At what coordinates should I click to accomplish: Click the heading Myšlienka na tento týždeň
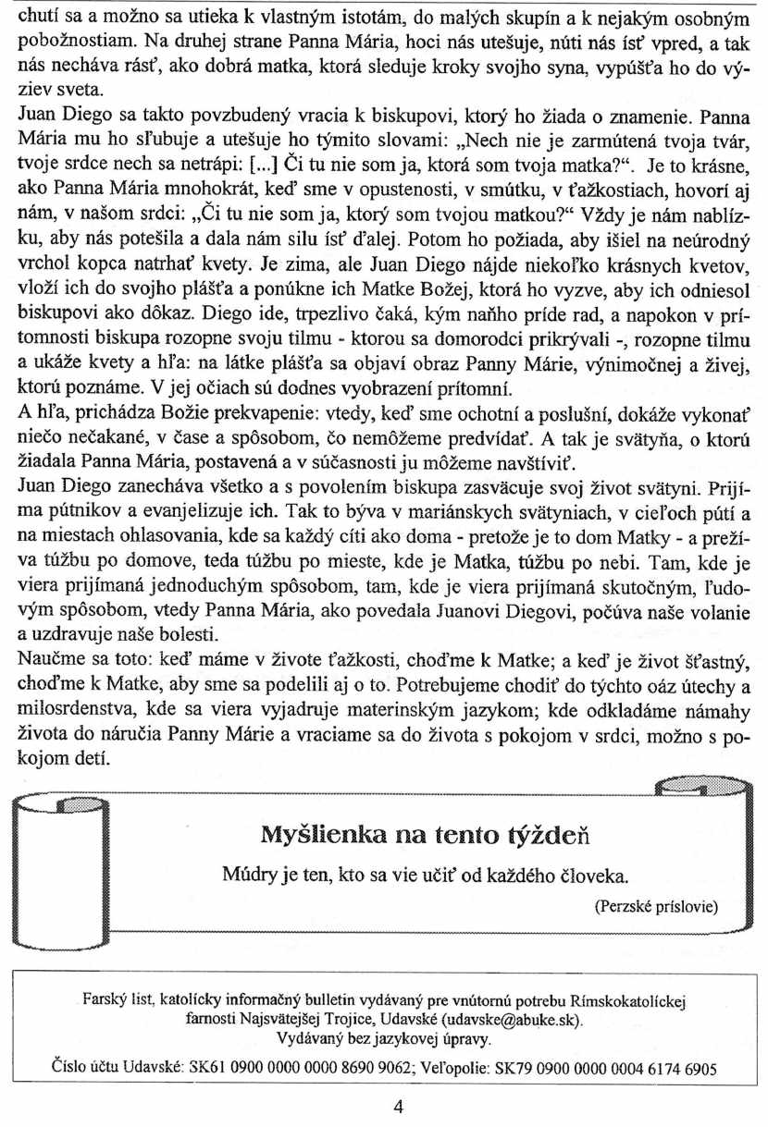427,837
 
